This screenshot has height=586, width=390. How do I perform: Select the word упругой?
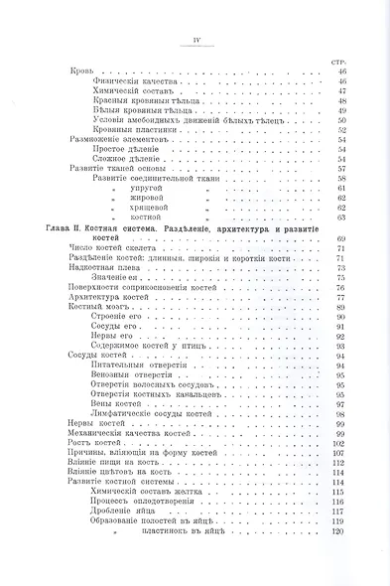(164, 188)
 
